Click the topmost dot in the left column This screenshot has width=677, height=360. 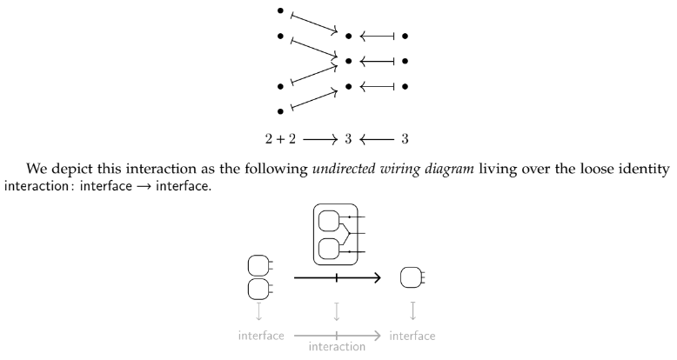point(280,10)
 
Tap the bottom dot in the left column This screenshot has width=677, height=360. point(280,111)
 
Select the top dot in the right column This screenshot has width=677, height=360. point(406,37)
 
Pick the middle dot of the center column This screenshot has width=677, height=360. point(349,62)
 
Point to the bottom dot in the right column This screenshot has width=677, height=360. point(406,87)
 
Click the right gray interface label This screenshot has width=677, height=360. point(412,335)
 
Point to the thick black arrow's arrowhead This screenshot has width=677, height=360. point(377,278)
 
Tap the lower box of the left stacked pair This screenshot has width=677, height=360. point(258,289)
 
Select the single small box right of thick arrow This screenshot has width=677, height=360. point(409,278)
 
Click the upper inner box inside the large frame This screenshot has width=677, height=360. point(331,221)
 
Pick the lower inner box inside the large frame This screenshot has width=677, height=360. point(331,249)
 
